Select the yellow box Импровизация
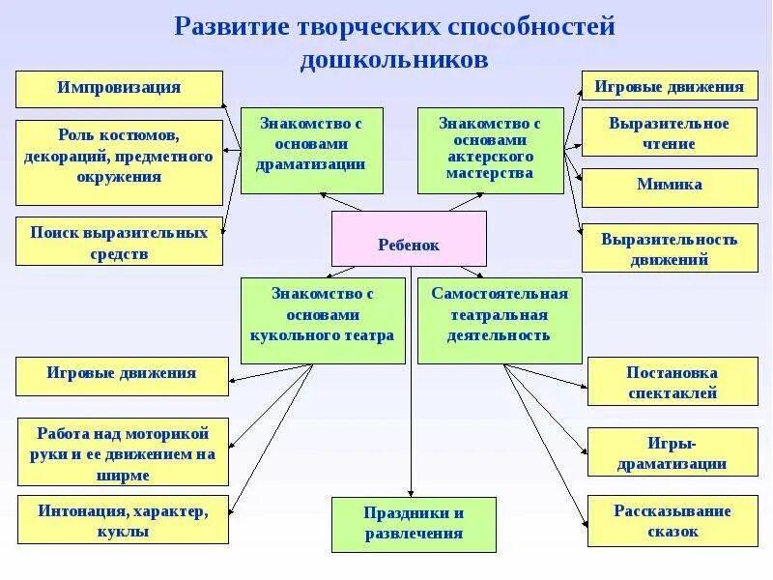[119, 88]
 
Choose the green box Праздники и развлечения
[414, 524]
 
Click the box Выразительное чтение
[669, 133]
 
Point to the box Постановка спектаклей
[672, 382]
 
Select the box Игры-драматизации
[672, 453]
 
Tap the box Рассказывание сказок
[672, 521]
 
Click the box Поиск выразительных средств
[119, 243]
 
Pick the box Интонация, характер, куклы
[123, 521]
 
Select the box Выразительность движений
[669, 248]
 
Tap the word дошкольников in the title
[394, 60]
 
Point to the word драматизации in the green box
[311, 164]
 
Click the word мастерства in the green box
[490, 174]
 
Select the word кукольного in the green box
[287, 336]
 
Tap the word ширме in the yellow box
[123, 476]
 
